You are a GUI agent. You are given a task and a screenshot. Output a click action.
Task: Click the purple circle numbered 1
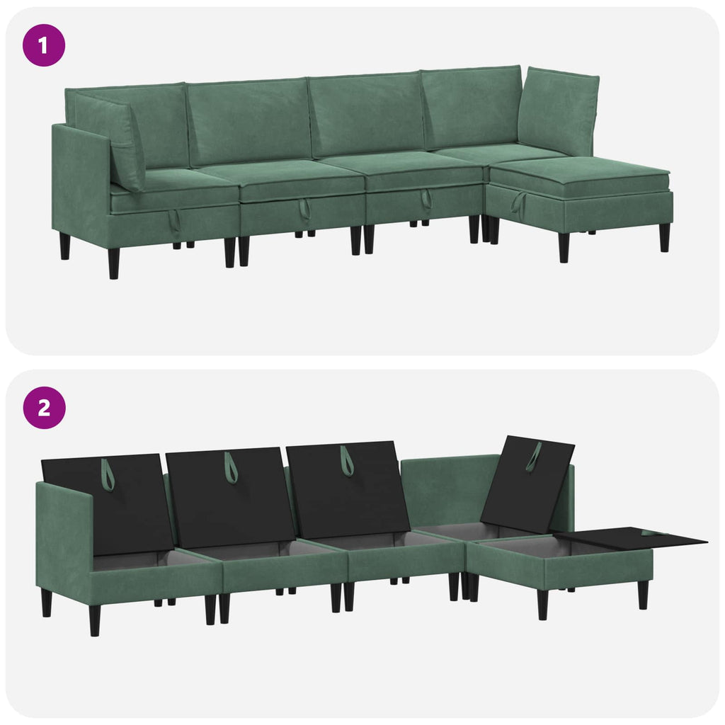coord(44,45)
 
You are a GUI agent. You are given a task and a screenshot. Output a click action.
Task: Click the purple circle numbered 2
coord(44,408)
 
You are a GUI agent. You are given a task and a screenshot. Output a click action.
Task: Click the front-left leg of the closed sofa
coord(114,263)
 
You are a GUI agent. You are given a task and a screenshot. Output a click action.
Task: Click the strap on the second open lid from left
coord(231,468)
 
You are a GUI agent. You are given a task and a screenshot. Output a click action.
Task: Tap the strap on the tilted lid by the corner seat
coord(533,458)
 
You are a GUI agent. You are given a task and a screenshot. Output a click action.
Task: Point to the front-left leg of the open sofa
coord(95,620)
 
